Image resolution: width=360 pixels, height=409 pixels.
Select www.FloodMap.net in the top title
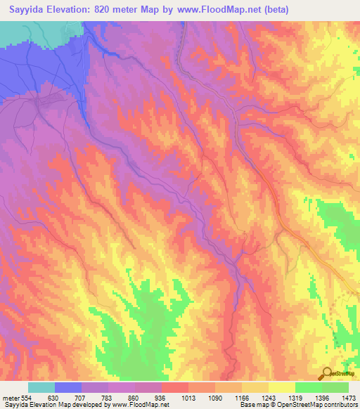207,10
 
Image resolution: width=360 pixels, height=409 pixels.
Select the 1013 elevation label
188,398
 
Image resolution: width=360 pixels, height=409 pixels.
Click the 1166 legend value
242,398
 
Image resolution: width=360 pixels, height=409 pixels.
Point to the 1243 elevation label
269,398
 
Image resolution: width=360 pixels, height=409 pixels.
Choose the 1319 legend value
295,398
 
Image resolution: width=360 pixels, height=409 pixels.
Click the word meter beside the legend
10,398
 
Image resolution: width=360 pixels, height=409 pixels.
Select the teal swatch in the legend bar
41,387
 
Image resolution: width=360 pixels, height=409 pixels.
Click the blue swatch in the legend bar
68,387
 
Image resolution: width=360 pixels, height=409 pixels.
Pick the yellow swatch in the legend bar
282,387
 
